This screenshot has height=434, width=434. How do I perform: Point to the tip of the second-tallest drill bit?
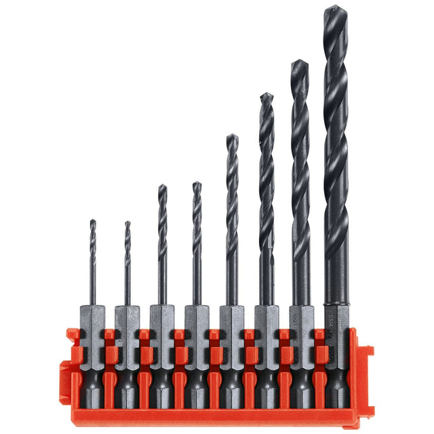point(300,62)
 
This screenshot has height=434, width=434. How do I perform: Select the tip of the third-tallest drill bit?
point(267,94)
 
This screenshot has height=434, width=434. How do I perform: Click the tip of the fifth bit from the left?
point(232,136)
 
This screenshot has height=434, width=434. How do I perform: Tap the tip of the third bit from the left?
point(162,186)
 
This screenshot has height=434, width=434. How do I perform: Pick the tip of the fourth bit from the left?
point(197,183)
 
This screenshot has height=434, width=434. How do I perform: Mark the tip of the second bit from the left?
point(127,222)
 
